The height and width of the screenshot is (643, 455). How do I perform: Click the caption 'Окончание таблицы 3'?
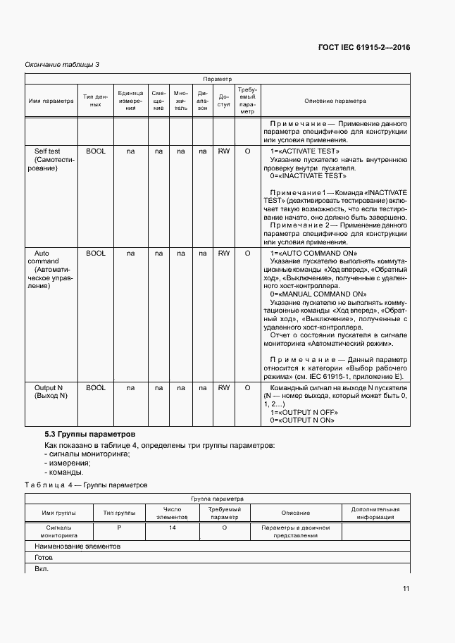(62, 65)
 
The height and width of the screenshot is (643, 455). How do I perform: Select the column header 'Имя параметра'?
(51, 101)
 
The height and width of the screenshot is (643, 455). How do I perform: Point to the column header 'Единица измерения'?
(130, 101)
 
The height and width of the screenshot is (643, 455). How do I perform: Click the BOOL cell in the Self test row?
(95, 151)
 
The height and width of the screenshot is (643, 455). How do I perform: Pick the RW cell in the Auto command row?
(223, 253)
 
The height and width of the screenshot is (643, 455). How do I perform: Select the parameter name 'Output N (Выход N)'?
(51, 392)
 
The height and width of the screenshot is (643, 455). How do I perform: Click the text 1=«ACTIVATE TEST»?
(304, 151)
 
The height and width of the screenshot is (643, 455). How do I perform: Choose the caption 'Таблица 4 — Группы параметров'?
(86, 485)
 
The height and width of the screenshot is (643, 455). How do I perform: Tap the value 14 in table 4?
(173, 527)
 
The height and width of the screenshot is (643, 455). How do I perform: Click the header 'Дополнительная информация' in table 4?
(375, 513)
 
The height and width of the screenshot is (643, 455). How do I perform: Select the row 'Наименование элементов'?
(77, 546)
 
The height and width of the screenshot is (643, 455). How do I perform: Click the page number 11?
(406, 589)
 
